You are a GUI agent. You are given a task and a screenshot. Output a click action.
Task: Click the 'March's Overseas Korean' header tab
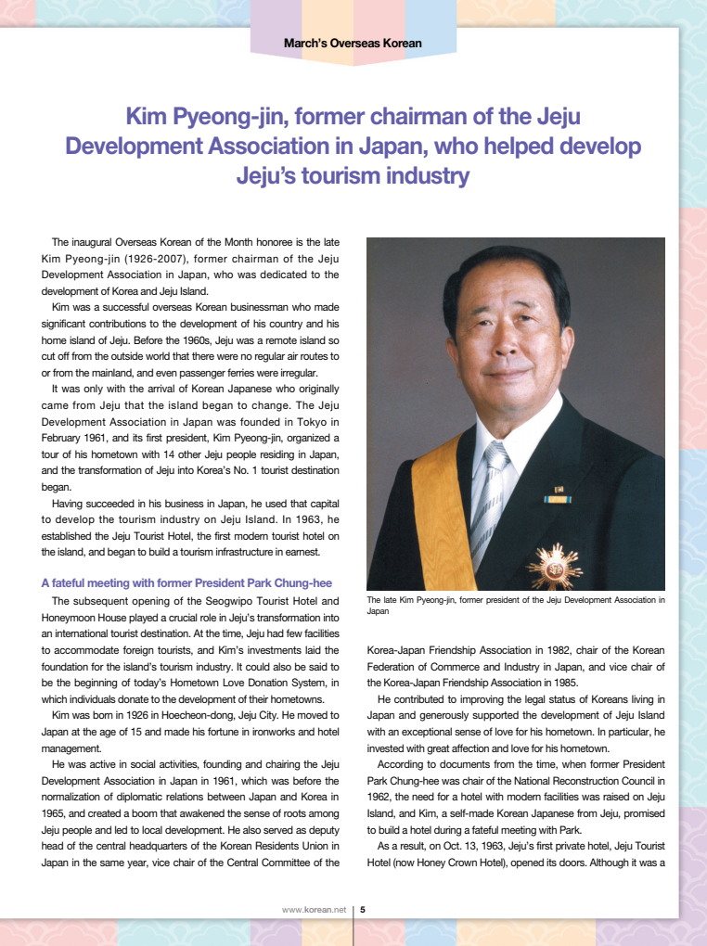(x=353, y=43)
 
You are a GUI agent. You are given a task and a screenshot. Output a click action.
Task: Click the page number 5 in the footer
(x=362, y=910)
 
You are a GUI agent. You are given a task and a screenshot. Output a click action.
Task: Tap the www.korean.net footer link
(x=314, y=910)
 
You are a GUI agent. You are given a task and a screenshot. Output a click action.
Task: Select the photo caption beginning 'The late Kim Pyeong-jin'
(x=516, y=606)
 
